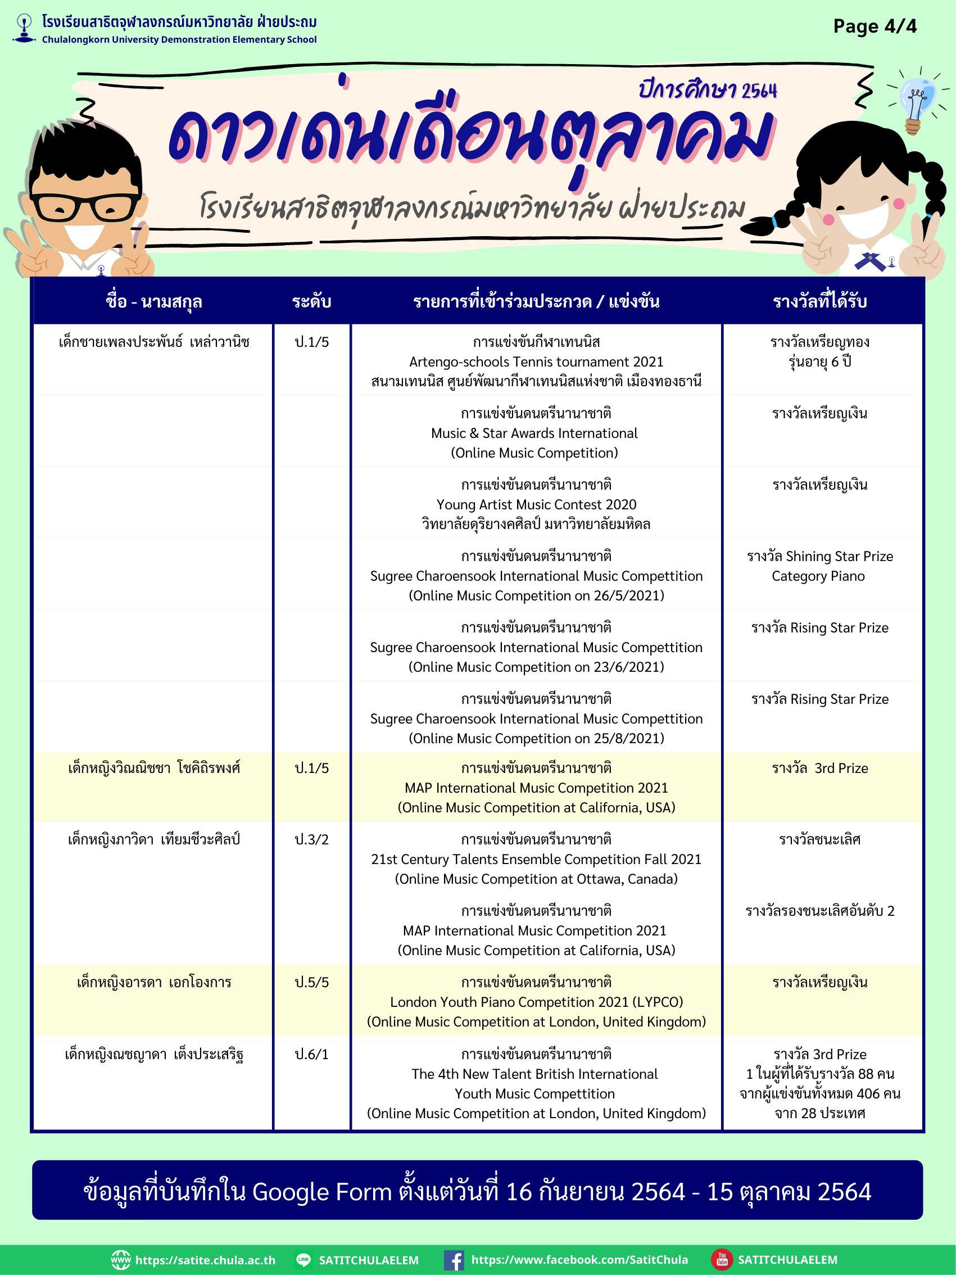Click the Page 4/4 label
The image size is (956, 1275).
point(874,26)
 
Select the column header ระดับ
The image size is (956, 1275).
point(311,301)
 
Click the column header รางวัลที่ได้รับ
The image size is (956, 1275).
point(819,301)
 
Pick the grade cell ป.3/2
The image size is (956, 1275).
point(311,839)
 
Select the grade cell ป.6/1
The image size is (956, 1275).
point(311,1054)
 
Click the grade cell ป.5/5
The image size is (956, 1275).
point(311,982)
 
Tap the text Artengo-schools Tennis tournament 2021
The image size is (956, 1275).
point(536,362)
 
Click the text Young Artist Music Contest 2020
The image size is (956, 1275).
point(536,505)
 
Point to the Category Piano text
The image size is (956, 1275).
point(818,576)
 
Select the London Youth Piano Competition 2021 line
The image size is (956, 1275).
point(536,1002)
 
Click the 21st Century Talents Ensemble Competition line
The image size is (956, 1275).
point(536,860)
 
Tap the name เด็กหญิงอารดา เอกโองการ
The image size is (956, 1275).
point(154,982)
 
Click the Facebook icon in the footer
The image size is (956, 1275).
point(454,1260)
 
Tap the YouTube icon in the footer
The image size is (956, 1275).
point(722,1260)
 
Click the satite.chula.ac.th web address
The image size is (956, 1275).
point(205,1260)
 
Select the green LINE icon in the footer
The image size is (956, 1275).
point(303,1260)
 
